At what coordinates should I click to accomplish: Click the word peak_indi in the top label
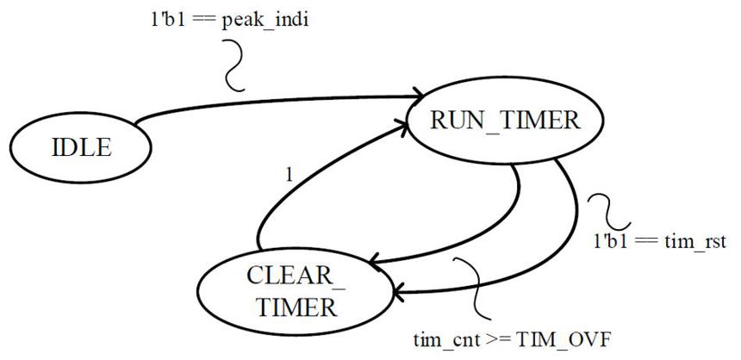tap(265, 22)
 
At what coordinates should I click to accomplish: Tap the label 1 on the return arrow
tap(290, 176)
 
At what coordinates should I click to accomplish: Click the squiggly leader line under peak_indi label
tap(233, 65)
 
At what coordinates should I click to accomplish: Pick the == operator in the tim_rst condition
tap(644, 242)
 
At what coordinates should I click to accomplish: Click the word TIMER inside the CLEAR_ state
tap(296, 308)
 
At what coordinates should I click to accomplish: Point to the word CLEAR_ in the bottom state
tap(296, 276)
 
